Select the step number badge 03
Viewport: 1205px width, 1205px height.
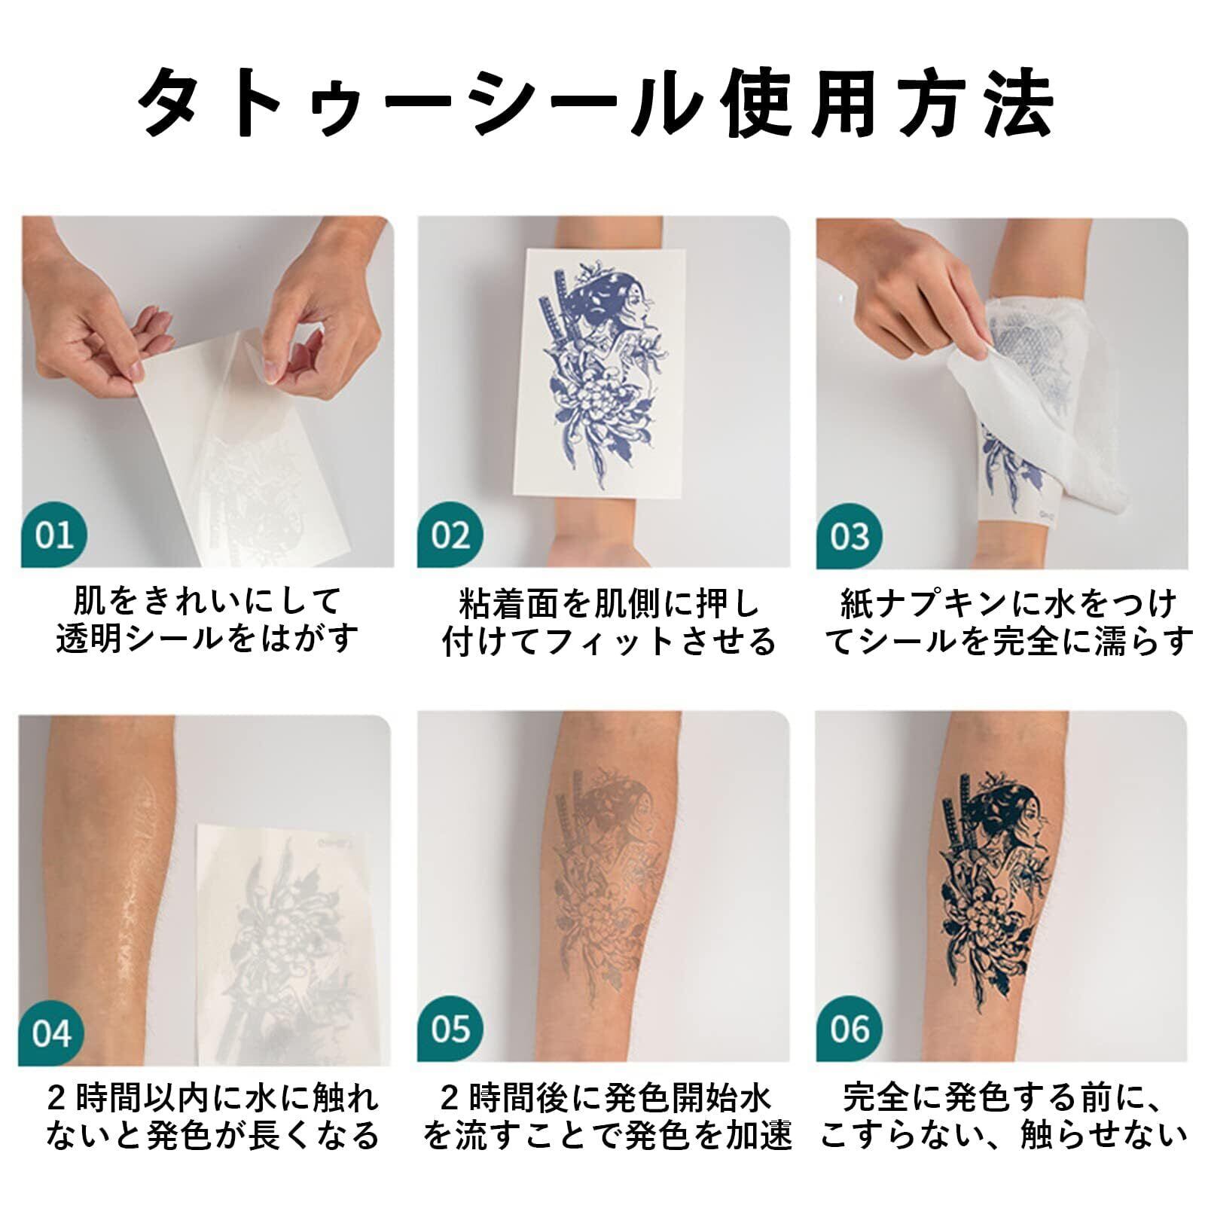(x=849, y=536)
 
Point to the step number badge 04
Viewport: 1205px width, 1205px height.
(x=51, y=1033)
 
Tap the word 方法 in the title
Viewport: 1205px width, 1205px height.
(x=978, y=102)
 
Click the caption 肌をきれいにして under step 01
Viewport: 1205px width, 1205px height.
(x=207, y=601)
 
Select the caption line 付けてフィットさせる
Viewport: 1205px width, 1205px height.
(x=609, y=641)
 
